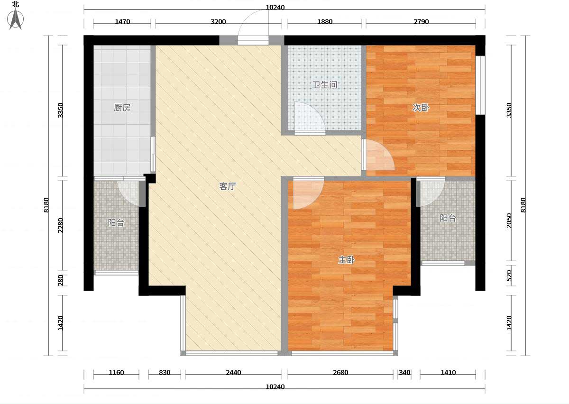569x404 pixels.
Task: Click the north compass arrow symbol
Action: [x=16, y=19]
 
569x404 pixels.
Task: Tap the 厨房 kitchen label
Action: [x=122, y=108]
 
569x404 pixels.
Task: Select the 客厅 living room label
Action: [x=227, y=186]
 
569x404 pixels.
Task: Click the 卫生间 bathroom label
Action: [x=325, y=85]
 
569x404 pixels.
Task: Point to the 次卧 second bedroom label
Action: [x=421, y=108]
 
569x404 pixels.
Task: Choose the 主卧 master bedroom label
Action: [x=347, y=260]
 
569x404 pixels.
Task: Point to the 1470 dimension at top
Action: [x=122, y=22]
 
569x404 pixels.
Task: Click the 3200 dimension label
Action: [x=218, y=22]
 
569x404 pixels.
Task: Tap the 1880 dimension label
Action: [x=325, y=22]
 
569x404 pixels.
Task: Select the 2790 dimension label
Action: [x=421, y=22]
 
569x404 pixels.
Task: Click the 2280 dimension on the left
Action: [x=61, y=225]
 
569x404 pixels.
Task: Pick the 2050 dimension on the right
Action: [x=509, y=220]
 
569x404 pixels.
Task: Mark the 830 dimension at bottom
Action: [x=165, y=373]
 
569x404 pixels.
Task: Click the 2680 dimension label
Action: [x=340, y=373]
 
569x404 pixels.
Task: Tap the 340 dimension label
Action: [x=404, y=373]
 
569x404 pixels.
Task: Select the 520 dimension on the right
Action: [x=509, y=275]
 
